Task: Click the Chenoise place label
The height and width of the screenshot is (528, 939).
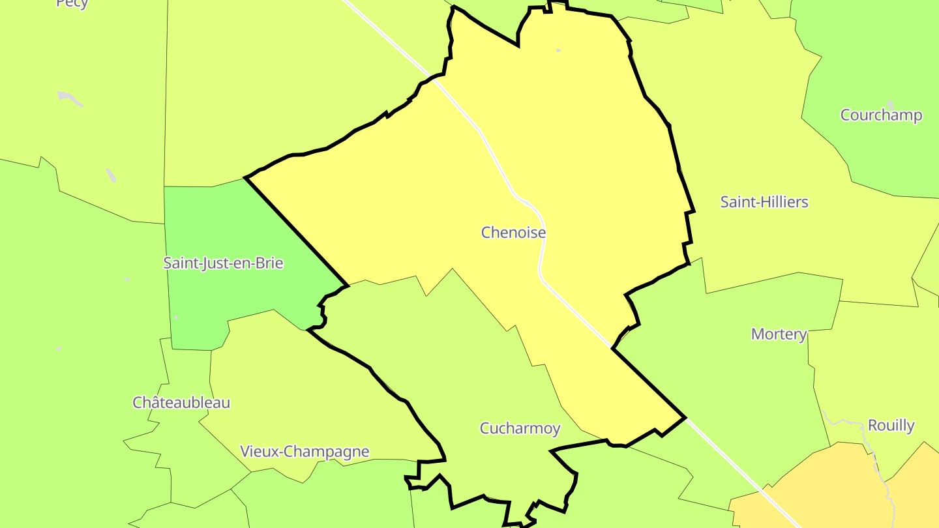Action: tap(513, 232)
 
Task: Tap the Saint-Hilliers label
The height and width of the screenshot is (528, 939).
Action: tap(764, 202)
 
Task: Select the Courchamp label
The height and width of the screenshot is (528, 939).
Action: tap(881, 115)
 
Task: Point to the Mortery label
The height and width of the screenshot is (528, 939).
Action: tap(779, 334)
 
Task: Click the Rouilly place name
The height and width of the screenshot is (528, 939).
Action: tap(891, 426)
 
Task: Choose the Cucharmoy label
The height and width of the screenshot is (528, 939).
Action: tap(520, 428)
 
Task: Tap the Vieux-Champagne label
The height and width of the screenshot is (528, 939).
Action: tap(305, 451)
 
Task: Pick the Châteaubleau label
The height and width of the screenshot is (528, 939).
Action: tap(181, 402)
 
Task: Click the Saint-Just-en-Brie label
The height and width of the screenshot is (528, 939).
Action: tap(223, 263)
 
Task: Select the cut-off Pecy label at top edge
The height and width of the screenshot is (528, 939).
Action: tap(72, 3)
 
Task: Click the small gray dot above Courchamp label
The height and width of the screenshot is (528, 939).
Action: tap(891, 104)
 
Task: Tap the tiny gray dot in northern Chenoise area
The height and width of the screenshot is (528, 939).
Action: tap(558, 50)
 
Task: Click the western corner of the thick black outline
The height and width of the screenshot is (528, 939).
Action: tap(246, 177)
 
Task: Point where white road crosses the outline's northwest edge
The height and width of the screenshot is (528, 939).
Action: tap(436, 80)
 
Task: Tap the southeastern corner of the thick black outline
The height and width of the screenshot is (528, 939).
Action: tap(684, 417)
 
